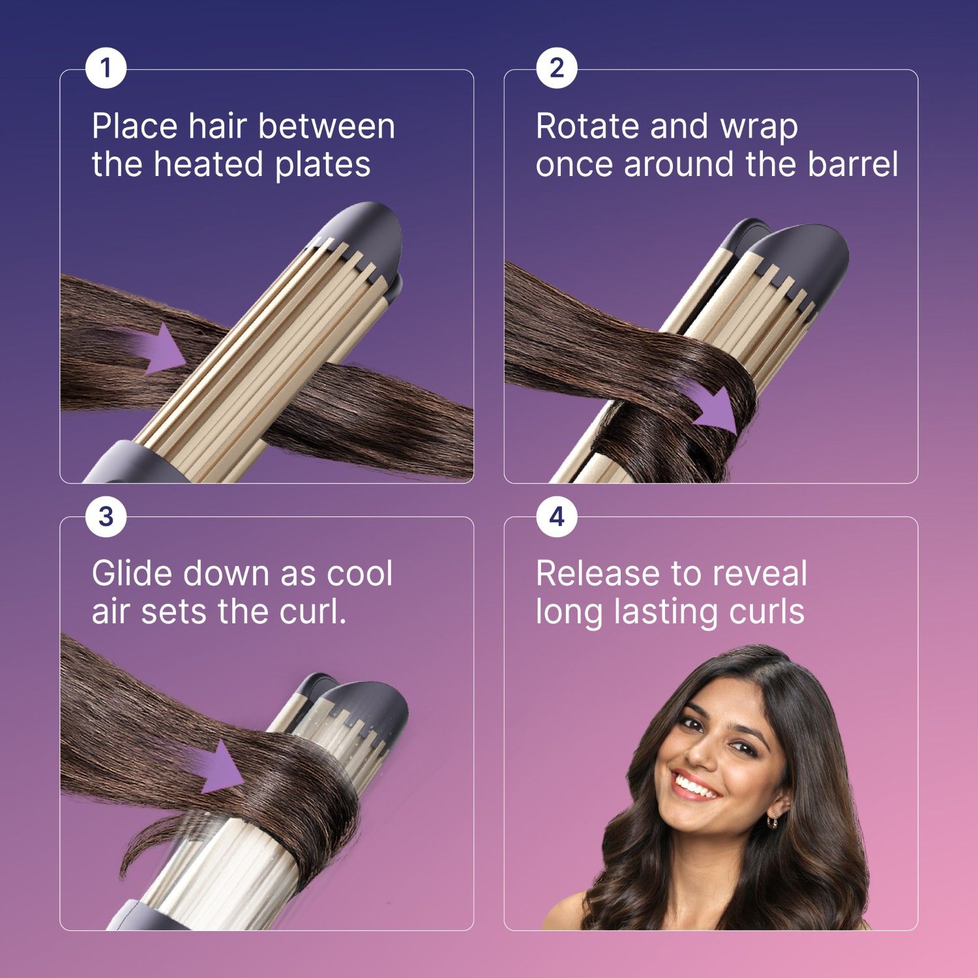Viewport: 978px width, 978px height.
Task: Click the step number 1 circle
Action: pos(106,68)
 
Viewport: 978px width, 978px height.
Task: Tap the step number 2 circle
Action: pos(556,68)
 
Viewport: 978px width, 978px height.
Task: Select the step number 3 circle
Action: pos(106,517)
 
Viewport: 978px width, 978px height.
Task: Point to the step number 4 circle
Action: pos(556,517)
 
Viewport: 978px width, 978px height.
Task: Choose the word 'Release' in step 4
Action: pos(597,574)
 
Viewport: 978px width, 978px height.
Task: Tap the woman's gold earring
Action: pos(774,819)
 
